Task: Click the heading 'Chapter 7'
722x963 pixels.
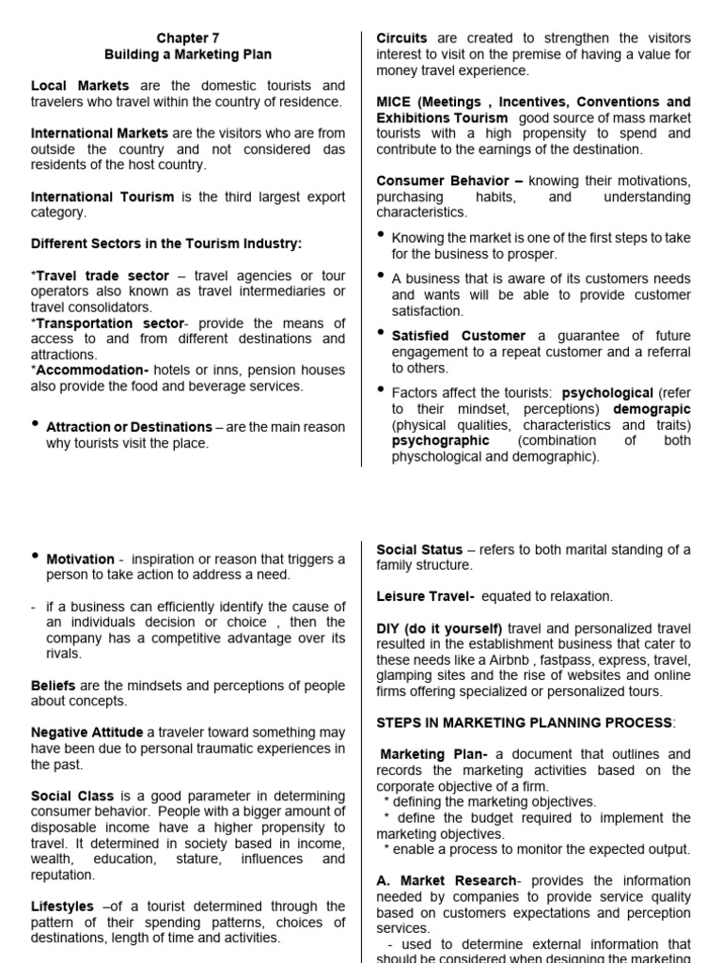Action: pos(187,39)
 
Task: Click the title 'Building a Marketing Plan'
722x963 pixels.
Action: pos(187,55)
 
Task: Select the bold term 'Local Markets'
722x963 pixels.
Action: pos(81,86)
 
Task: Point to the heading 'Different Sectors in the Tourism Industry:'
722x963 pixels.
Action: pos(166,244)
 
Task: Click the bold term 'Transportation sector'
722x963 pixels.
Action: pos(102,323)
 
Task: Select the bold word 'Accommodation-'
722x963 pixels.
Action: pos(81,371)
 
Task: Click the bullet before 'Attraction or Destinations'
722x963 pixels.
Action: pos(36,424)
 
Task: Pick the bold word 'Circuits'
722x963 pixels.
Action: pos(401,39)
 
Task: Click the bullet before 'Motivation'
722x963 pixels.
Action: pos(36,557)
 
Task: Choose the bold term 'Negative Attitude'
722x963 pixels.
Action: pos(87,733)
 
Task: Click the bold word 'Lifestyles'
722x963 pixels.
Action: pos(63,907)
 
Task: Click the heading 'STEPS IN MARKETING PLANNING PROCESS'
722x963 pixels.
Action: pos(525,722)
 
